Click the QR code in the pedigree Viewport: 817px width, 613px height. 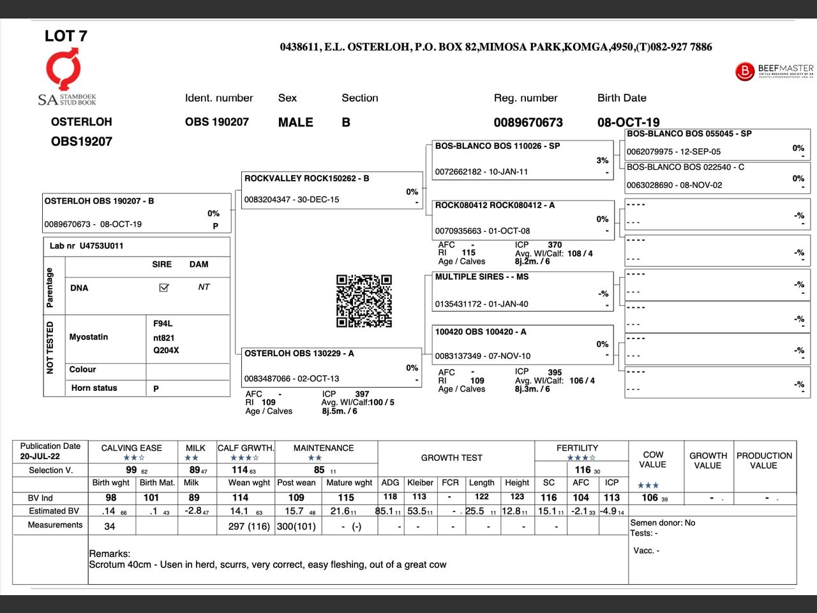[364, 301]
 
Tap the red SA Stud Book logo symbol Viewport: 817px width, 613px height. [64, 69]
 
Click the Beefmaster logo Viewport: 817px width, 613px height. [774, 70]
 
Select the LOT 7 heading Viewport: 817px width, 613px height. [66, 36]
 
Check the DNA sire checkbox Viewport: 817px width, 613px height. [163, 288]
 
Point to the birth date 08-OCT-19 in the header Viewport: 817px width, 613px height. [628, 122]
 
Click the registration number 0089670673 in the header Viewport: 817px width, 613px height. [528, 122]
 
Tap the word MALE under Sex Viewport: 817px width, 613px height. [296, 122]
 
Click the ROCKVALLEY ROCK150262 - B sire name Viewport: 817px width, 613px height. [306, 178]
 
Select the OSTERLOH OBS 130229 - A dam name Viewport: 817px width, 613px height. [299, 353]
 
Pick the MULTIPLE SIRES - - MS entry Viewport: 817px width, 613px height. [481, 276]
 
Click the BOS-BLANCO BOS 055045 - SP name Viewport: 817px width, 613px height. [689, 133]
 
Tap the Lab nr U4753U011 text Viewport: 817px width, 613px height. [87, 246]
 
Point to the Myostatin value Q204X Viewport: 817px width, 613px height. [166, 351]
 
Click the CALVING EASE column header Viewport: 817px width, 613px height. [131, 448]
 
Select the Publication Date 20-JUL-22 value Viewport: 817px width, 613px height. [40, 457]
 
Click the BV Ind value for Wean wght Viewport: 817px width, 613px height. [240, 497]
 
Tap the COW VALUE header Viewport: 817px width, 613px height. [653, 459]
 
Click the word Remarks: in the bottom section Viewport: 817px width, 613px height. [109, 554]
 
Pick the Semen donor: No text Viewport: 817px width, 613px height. [663, 522]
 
